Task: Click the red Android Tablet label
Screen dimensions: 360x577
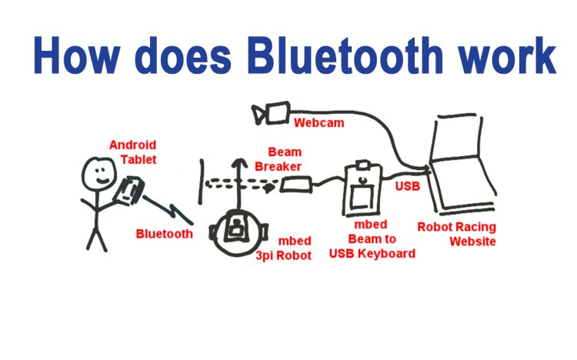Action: (x=132, y=152)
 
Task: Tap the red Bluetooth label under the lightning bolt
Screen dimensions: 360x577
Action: (x=164, y=233)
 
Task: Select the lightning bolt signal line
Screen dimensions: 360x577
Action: (x=165, y=209)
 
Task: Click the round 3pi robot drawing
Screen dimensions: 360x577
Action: (x=238, y=229)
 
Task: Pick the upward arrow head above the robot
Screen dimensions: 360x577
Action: (x=238, y=162)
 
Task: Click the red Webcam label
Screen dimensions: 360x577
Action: (x=319, y=122)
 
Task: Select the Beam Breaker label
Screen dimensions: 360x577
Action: (x=285, y=159)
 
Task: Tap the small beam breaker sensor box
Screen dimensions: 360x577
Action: (x=295, y=185)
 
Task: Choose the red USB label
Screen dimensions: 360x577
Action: (x=408, y=185)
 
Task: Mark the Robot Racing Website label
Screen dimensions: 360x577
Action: (x=457, y=234)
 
